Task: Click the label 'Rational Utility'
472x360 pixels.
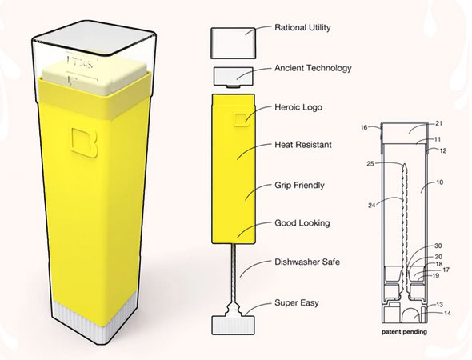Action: (x=302, y=28)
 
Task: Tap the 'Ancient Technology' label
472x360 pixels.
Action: (x=313, y=68)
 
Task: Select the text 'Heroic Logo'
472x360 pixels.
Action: (x=298, y=107)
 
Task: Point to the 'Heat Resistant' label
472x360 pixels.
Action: (x=303, y=145)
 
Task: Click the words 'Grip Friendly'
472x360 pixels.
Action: (x=299, y=185)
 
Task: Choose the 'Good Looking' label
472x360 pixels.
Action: (x=302, y=223)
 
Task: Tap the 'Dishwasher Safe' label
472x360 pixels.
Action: (x=307, y=262)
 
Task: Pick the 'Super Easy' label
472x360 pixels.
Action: (x=297, y=303)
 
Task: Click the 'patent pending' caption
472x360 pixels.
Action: (x=404, y=332)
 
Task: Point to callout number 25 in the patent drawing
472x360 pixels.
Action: (x=370, y=164)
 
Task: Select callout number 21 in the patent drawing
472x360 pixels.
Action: (x=438, y=123)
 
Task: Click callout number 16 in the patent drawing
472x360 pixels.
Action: (x=364, y=127)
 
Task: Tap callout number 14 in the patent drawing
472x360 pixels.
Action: (x=447, y=314)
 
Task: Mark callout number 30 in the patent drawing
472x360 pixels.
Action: (x=438, y=246)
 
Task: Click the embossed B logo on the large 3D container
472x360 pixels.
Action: (x=85, y=142)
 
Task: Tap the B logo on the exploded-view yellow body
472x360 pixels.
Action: (x=242, y=120)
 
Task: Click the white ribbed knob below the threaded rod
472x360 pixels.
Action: (x=234, y=325)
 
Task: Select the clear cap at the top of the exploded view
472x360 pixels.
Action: (x=234, y=43)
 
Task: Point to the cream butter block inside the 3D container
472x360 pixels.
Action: (x=95, y=78)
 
